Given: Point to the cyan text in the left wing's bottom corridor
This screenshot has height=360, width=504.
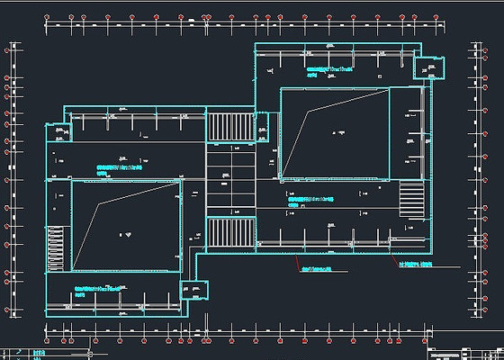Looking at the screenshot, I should pyautogui.click(x=96, y=290).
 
